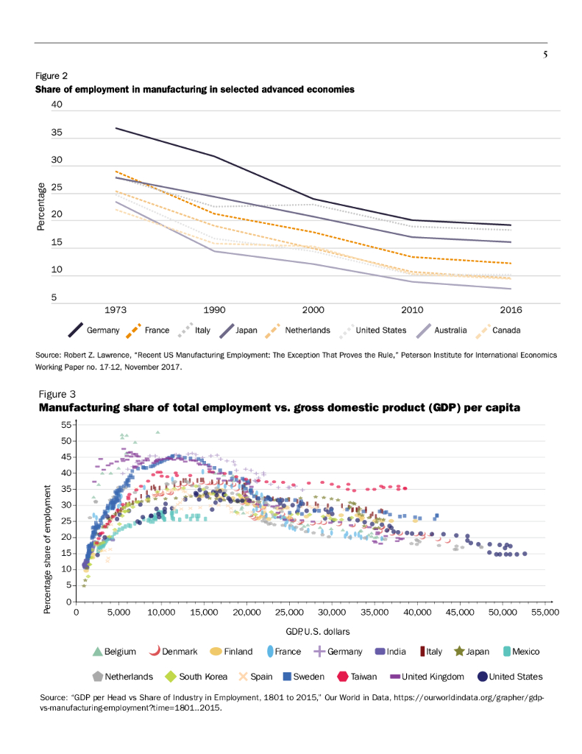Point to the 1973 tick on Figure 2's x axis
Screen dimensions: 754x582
(x=116, y=311)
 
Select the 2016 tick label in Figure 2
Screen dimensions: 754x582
(x=511, y=311)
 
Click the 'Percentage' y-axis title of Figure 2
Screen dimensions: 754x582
(x=41, y=208)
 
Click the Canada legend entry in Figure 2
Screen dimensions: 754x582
(x=505, y=331)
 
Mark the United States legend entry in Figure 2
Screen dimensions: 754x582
(x=375, y=331)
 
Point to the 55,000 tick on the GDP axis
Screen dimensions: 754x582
(x=545, y=612)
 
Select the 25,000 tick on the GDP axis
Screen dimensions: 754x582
(x=289, y=612)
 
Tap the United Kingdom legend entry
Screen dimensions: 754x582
(x=432, y=676)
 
